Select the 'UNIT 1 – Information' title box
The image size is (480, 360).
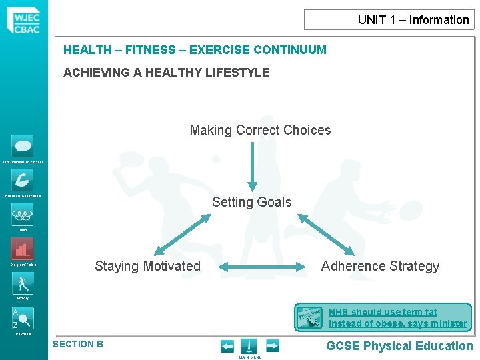(389, 20)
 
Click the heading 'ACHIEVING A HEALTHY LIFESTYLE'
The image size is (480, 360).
(167, 73)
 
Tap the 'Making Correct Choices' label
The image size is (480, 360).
(260, 130)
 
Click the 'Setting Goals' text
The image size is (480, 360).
(252, 202)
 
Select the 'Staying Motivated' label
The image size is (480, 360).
(147, 266)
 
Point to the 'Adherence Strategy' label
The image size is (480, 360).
(380, 266)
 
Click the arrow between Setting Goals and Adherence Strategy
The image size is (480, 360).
(325, 234)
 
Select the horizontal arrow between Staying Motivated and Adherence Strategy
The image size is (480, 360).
(261, 268)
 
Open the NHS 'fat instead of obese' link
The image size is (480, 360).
(397, 318)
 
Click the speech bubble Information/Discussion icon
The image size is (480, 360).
(23, 146)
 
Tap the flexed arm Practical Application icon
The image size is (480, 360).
(23, 180)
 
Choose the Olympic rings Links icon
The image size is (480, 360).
(23, 215)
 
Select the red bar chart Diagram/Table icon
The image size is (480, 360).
(23, 249)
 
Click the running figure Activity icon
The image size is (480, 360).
(23, 283)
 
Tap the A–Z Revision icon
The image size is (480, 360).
(23, 318)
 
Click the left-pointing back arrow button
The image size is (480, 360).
(227, 346)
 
